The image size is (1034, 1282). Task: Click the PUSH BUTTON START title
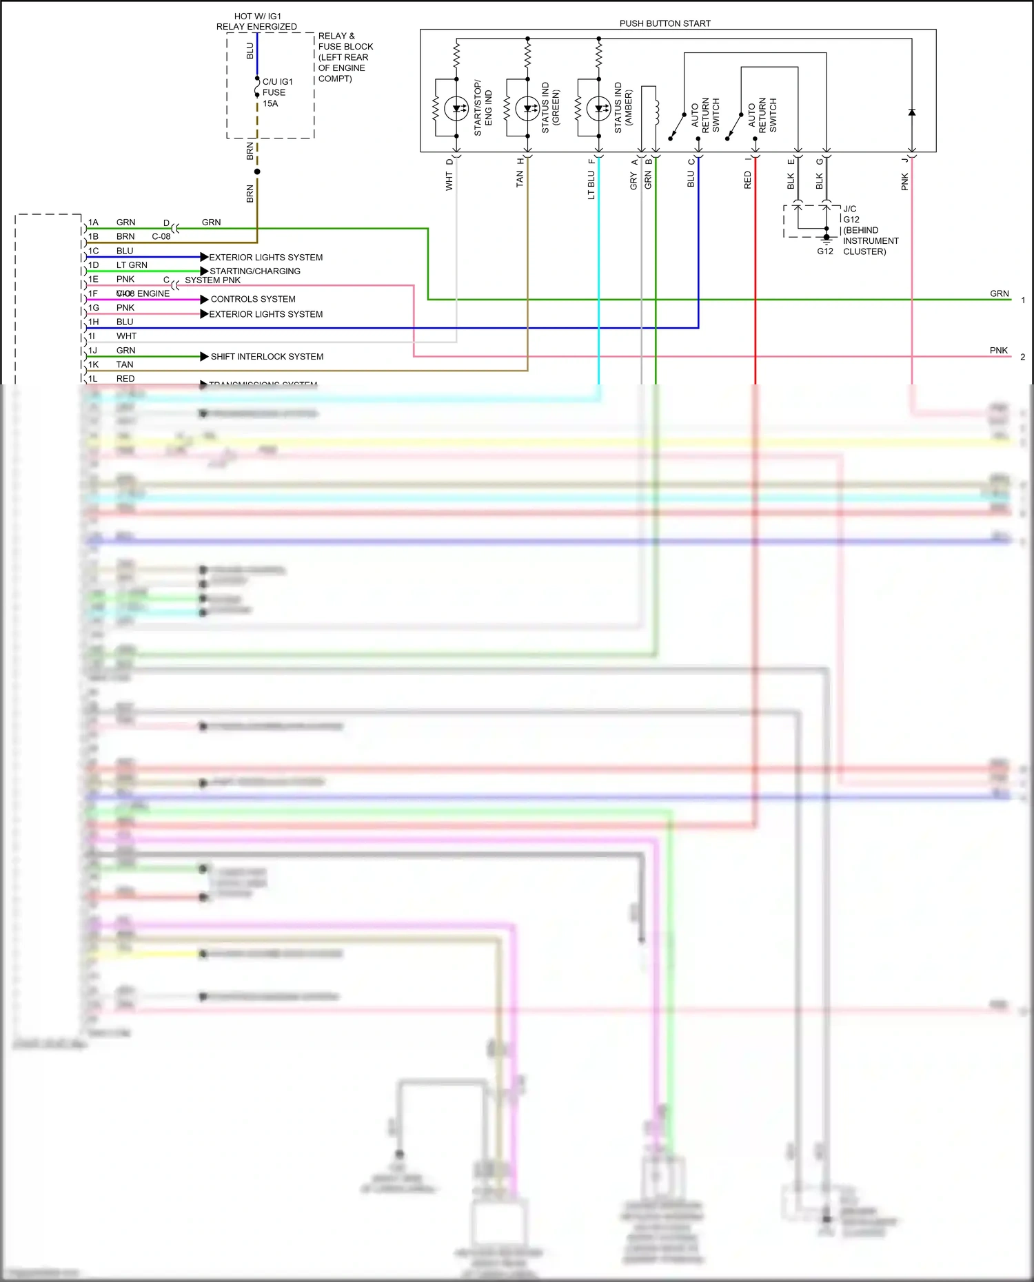tap(665, 23)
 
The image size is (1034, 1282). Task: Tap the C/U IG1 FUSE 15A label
tap(277, 92)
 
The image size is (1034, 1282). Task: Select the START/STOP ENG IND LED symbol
tap(456, 109)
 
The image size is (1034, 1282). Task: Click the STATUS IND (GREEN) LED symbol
tap(527, 109)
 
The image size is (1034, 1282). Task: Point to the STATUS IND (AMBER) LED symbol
tap(598, 109)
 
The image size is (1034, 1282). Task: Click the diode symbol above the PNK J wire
tap(911, 112)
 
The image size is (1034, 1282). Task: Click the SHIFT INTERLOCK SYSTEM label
tap(267, 357)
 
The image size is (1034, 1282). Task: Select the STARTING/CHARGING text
tap(255, 271)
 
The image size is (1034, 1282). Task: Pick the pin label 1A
tap(93, 223)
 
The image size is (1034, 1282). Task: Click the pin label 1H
tap(93, 322)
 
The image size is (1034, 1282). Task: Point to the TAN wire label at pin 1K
tap(125, 364)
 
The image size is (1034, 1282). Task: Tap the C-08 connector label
tap(161, 236)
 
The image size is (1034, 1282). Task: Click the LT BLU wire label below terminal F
tap(591, 185)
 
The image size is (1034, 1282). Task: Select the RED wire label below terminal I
tap(748, 180)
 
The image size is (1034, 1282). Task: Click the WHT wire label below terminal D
tap(449, 182)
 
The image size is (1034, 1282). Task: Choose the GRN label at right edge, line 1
tap(999, 293)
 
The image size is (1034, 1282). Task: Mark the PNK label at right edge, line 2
tap(998, 351)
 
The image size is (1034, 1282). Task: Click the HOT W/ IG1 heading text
tap(257, 17)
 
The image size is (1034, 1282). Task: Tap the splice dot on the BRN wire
tap(257, 172)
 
